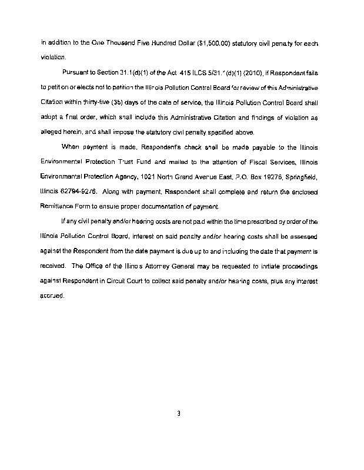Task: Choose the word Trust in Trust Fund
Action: point(130,162)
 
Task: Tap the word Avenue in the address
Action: point(218,176)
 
